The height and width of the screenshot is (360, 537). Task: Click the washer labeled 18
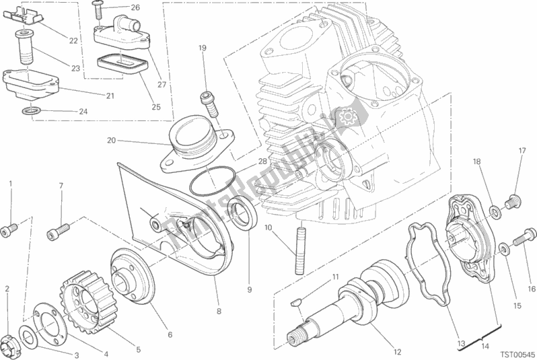coord(494,213)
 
